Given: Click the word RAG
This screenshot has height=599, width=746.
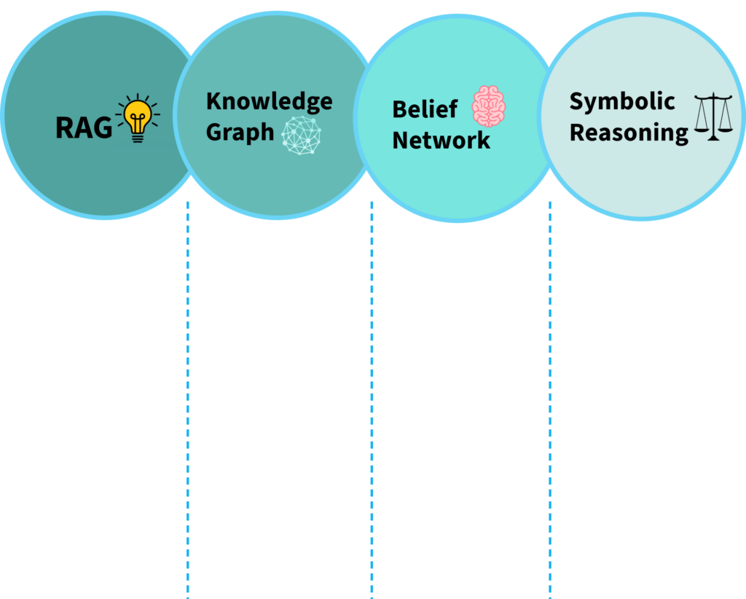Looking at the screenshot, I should [84, 128].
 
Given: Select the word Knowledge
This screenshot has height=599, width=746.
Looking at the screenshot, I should [269, 101].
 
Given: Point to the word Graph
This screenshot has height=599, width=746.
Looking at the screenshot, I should [240, 133].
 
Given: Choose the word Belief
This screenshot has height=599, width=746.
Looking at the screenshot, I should [425, 109].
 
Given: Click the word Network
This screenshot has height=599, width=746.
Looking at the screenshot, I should [441, 140].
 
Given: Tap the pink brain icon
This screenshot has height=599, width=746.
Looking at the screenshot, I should [488, 106].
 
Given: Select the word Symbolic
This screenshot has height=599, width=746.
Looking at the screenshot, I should [621, 101].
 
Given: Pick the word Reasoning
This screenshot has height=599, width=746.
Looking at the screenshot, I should [629, 133].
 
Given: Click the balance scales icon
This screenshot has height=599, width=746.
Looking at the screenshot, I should [713, 117].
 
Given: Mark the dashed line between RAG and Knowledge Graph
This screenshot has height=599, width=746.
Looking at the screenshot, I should [187, 401].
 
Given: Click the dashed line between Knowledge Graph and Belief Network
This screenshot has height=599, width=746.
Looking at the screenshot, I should [372, 401].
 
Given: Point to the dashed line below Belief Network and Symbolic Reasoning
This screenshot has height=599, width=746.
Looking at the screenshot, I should [549, 401].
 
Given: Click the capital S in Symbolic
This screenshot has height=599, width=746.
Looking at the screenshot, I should [576, 101].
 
